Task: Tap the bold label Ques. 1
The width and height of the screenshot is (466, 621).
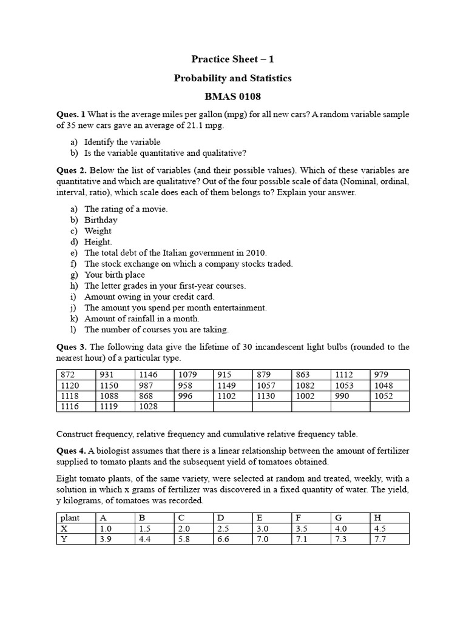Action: pyautogui.click(x=71, y=114)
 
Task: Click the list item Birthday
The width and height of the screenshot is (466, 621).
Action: pyautogui.click(x=101, y=220)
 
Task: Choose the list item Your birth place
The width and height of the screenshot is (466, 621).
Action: pyautogui.click(x=115, y=275)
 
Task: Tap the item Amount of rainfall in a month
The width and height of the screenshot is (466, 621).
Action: pyautogui.click(x=141, y=318)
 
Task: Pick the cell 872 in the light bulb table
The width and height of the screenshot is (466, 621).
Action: pyautogui.click(x=67, y=375)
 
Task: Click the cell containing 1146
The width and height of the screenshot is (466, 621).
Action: pyautogui.click(x=148, y=375)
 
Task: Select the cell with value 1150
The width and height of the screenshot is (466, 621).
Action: pyautogui.click(x=110, y=386)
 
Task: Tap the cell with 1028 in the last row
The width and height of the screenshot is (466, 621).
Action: pyautogui.click(x=148, y=407)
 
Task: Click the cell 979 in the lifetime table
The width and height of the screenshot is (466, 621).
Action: pyautogui.click(x=383, y=375)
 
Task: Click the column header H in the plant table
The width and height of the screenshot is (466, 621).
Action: pyautogui.click(x=378, y=517)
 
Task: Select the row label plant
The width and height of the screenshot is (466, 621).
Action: pyautogui.click(x=71, y=517)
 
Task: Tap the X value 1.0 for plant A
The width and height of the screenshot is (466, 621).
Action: pyautogui.click(x=106, y=528)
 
